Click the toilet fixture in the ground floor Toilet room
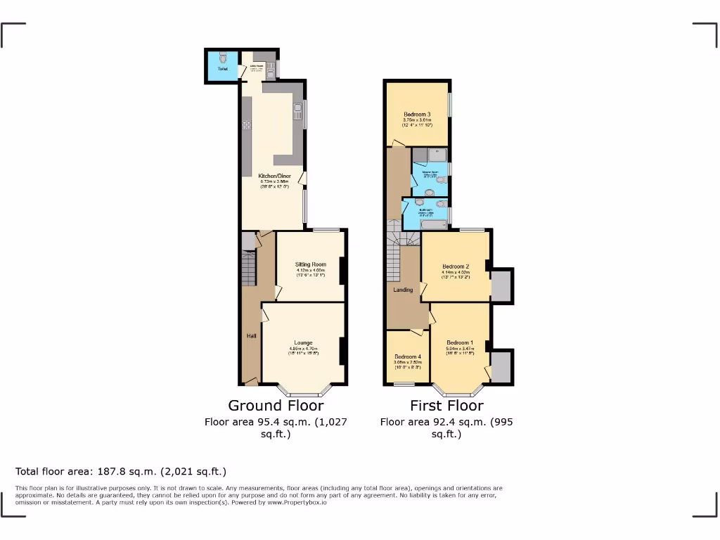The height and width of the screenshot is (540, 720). click(x=221, y=58)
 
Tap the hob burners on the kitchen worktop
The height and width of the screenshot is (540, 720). click(x=247, y=124)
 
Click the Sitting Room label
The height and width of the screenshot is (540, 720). click(x=310, y=264)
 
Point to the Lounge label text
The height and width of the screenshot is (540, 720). click(x=303, y=342)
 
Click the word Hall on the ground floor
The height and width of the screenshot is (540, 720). click(x=251, y=336)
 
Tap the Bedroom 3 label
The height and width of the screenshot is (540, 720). click(x=417, y=115)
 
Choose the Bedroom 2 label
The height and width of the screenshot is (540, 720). click(x=456, y=266)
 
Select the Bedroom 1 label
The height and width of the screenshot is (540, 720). click(x=459, y=342)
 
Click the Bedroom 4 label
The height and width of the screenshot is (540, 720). click(x=407, y=356)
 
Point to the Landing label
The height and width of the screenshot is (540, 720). click(x=403, y=290)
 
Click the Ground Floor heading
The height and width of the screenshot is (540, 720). click(x=276, y=406)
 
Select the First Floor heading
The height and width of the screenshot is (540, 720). click(x=446, y=406)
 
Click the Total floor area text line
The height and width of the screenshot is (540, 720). click(x=121, y=471)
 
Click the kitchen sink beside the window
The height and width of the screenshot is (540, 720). click(x=298, y=111)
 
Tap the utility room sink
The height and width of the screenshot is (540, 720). click(x=269, y=69)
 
